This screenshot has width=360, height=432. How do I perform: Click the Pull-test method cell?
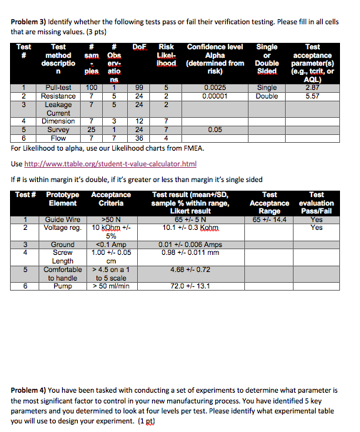click(56, 88)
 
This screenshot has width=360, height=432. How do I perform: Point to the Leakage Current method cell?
click(57, 107)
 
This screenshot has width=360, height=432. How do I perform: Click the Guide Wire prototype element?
click(63, 220)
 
